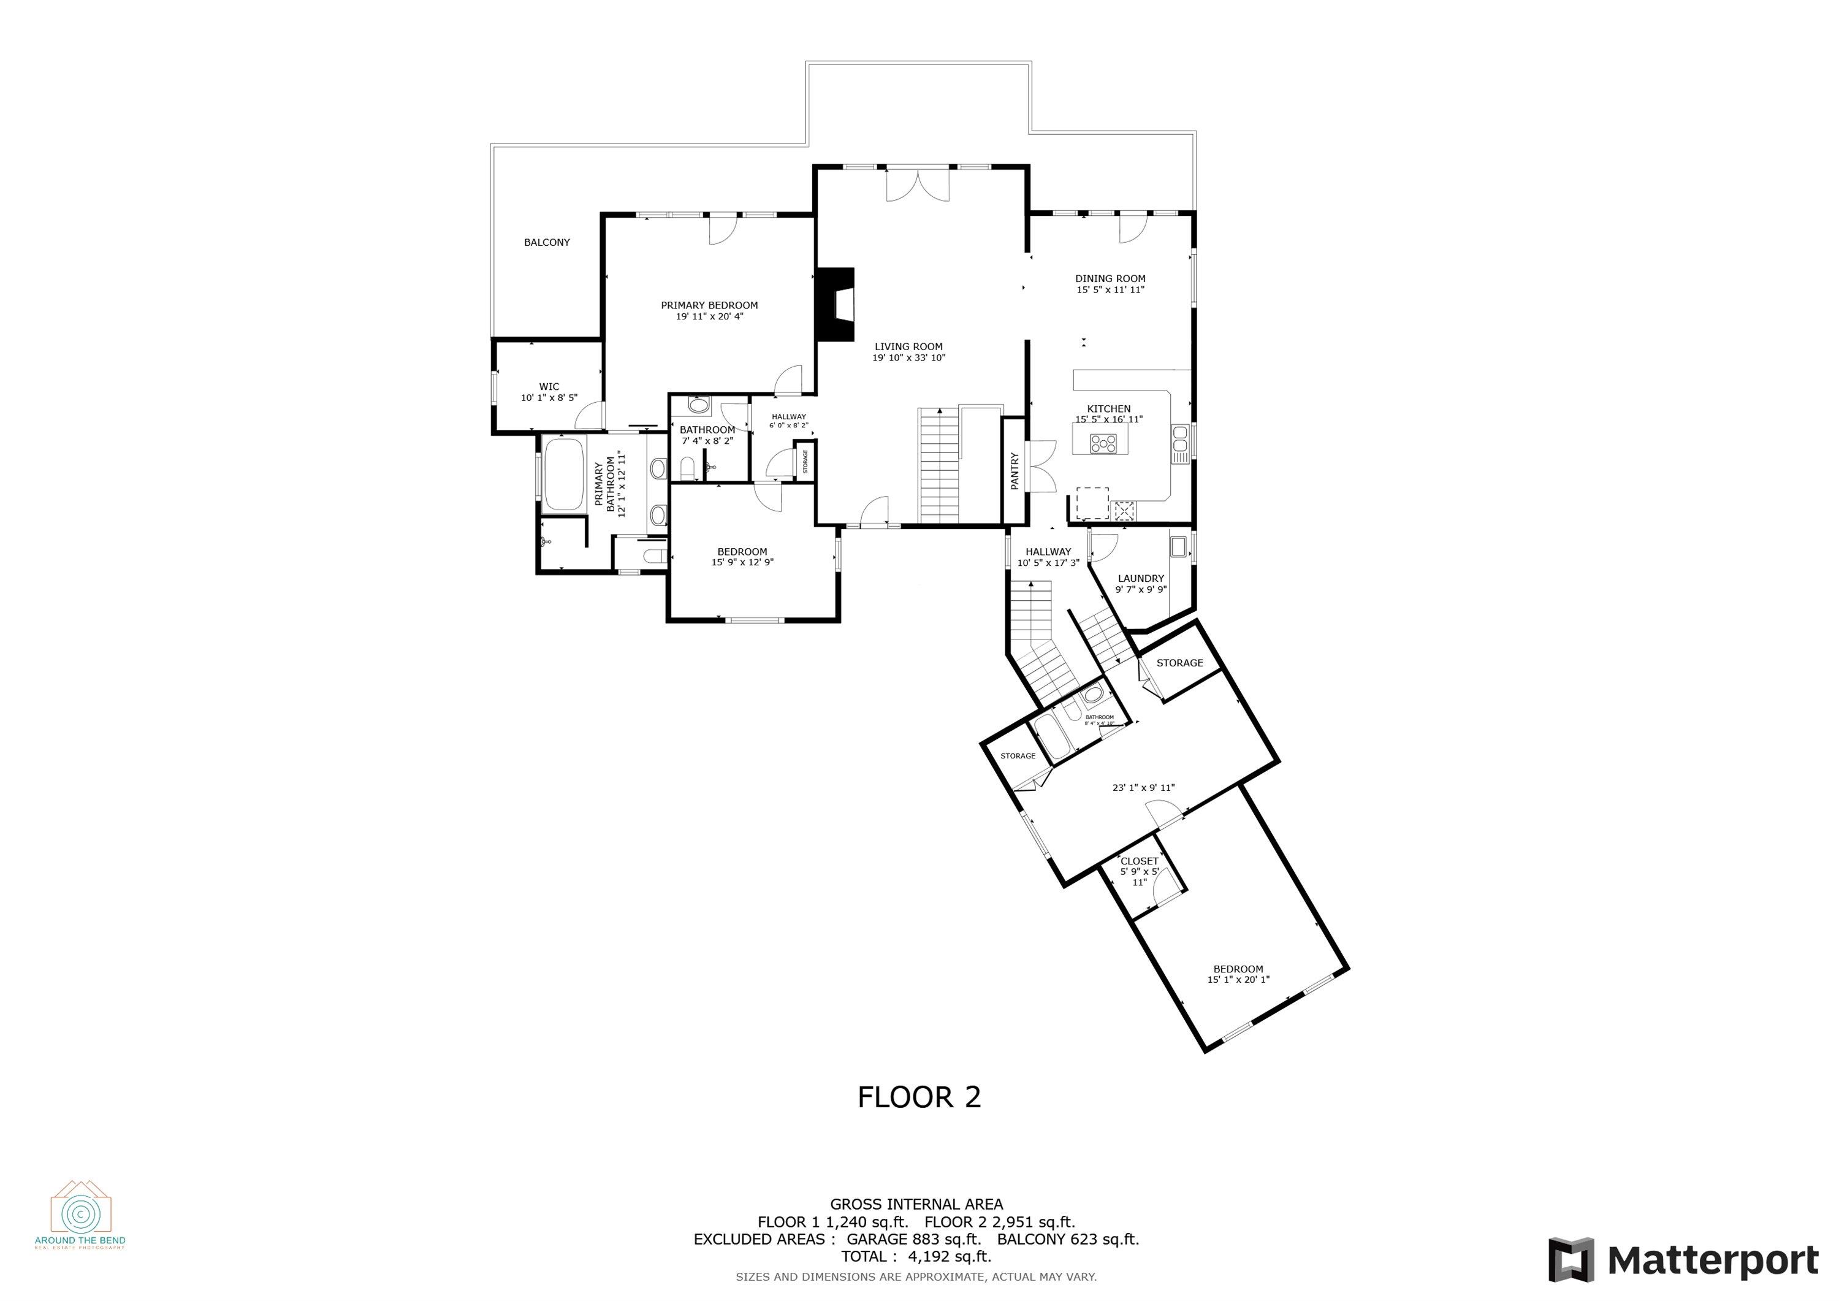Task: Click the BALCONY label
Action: pyautogui.click(x=546, y=242)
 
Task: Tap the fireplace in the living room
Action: pyautogui.click(x=834, y=305)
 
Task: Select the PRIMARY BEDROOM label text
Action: pyautogui.click(x=709, y=305)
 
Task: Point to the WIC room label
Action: pyautogui.click(x=549, y=387)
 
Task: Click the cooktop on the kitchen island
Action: pyautogui.click(x=1103, y=443)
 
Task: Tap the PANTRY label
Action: pyautogui.click(x=1014, y=471)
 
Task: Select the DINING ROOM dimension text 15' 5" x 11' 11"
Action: pyautogui.click(x=1110, y=290)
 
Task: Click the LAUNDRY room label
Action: pyautogui.click(x=1141, y=578)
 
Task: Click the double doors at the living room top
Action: pyautogui.click(x=917, y=185)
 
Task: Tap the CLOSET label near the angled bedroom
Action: pyautogui.click(x=1139, y=861)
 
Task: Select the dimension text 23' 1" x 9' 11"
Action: pyautogui.click(x=1143, y=787)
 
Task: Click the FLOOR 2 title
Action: pyautogui.click(x=919, y=1097)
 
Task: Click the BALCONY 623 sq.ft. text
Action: pyautogui.click(x=1068, y=1239)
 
